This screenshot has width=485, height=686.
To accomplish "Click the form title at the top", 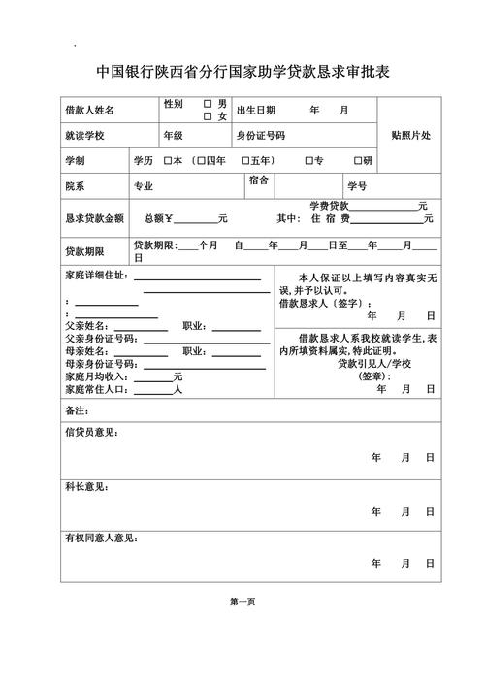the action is point(242,73).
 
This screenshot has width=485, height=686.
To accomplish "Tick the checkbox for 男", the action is point(208,103).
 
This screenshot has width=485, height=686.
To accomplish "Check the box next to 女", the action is point(208,116).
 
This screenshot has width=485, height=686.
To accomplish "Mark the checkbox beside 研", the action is point(357,160).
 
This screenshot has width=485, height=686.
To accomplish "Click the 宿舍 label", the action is point(258,180).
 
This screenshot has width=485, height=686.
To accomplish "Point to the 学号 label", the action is point(356,185).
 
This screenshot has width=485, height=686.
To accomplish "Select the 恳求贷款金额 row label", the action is point(94,218).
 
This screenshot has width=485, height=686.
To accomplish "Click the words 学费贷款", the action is point(329,206).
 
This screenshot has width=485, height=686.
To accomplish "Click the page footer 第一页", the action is point(242,602).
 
